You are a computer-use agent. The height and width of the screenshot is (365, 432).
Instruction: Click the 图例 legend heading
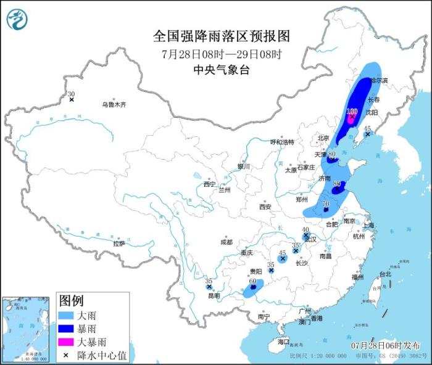click(x=71, y=301)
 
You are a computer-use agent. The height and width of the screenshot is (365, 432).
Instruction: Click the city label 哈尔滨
click(x=378, y=80)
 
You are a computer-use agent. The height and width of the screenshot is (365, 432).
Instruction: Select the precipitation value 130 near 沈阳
click(x=352, y=112)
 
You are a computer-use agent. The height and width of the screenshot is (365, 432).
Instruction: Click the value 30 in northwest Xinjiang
click(x=71, y=94)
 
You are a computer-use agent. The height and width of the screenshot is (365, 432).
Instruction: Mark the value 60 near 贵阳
click(x=252, y=281)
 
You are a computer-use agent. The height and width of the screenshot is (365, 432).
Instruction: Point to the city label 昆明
click(x=214, y=296)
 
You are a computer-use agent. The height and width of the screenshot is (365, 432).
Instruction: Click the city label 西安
click(x=265, y=207)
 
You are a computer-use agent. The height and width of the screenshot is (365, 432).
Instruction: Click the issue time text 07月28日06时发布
click(x=384, y=345)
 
